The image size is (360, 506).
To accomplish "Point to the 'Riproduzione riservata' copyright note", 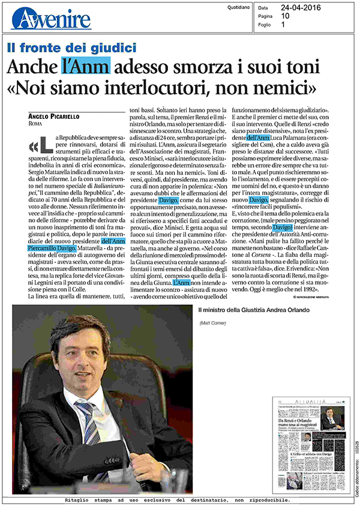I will [323, 297].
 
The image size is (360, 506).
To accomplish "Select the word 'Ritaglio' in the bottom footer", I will [82, 499].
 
